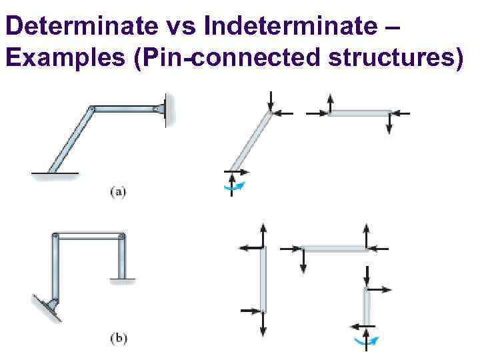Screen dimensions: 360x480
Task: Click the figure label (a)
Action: pyautogui.click(x=117, y=193)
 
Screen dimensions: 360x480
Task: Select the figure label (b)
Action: pyautogui.click(x=118, y=338)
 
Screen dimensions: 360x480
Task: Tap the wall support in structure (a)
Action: pyautogui.click(x=168, y=107)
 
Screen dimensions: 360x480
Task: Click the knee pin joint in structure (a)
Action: pyautogui.click(x=92, y=108)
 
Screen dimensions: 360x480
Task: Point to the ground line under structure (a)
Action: pyautogui.click(x=55, y=175)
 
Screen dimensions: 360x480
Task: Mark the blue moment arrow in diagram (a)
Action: pyautogui.click(x=234, y=187)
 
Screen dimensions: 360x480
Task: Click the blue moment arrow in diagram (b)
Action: pyautogui.click(x=365, y=341)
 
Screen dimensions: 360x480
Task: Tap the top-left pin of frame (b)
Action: pyautogui.click(x=56, y=236)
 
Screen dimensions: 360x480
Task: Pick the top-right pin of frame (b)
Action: pyautogui.click(x=122, y=236)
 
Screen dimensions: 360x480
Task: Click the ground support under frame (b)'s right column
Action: pyautogui.click(x=121, y=279)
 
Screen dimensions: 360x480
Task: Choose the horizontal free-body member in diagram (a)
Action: pyautogui.click(x=359, y=113)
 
